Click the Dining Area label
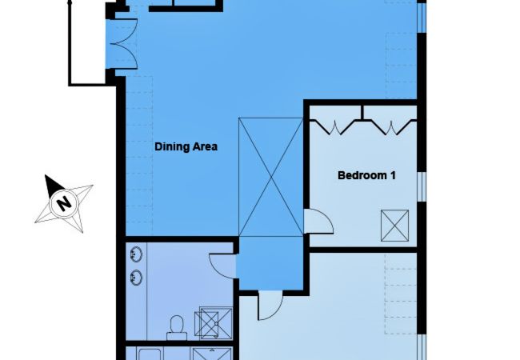tap(186, 147)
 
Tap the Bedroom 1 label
tap(367, 175)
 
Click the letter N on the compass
tap(63, 204)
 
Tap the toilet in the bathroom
tap(176, 324)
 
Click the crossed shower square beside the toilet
tap(210, 323)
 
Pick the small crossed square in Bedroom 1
tap(394, 224)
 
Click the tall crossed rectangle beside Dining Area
tap(270, 177)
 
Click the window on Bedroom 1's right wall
tap(422, 184)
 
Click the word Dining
tap(170, 147)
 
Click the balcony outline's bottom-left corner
tap(70, 83)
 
